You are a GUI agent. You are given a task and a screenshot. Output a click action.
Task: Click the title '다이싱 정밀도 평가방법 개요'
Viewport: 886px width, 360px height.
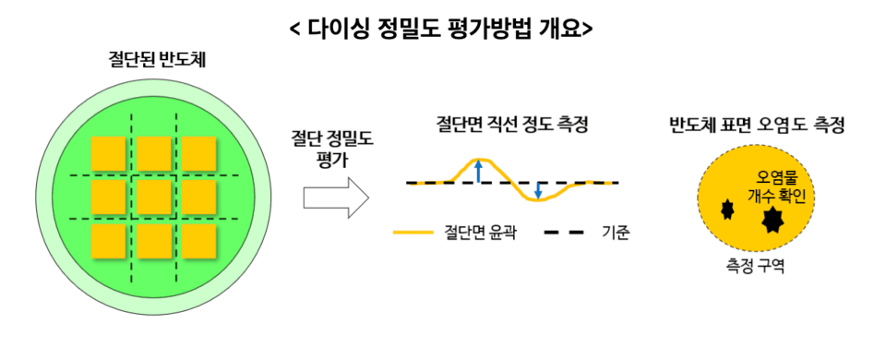point(441,28)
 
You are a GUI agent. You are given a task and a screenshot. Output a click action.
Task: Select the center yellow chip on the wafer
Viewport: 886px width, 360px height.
point(153,197)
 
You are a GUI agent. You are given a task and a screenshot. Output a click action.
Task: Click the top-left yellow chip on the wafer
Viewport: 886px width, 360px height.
point(108,153)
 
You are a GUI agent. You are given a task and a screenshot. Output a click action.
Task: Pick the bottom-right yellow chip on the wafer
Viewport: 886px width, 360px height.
point(198,240)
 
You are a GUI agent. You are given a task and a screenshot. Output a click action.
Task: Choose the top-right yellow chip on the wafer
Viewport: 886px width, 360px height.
point(198,153)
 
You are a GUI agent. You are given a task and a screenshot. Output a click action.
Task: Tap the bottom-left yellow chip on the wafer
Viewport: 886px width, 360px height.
point(108,240)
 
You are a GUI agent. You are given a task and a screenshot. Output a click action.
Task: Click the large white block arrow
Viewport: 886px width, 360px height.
point(335,197)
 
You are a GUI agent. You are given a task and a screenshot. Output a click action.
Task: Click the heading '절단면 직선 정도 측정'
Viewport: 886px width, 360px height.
point(511,124)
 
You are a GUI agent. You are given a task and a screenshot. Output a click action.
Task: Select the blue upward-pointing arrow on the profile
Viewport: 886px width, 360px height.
point(477,171)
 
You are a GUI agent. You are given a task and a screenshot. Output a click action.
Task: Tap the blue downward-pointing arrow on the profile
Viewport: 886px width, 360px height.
point(539,191)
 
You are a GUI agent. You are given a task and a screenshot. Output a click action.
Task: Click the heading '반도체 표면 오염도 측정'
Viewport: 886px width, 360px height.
point(757,124)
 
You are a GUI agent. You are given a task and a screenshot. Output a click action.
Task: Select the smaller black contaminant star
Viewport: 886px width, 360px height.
point(726,208)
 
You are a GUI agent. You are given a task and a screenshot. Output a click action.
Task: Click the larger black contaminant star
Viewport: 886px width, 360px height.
point(770,220)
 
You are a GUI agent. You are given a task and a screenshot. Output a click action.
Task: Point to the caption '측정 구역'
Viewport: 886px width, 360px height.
point(756,269)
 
